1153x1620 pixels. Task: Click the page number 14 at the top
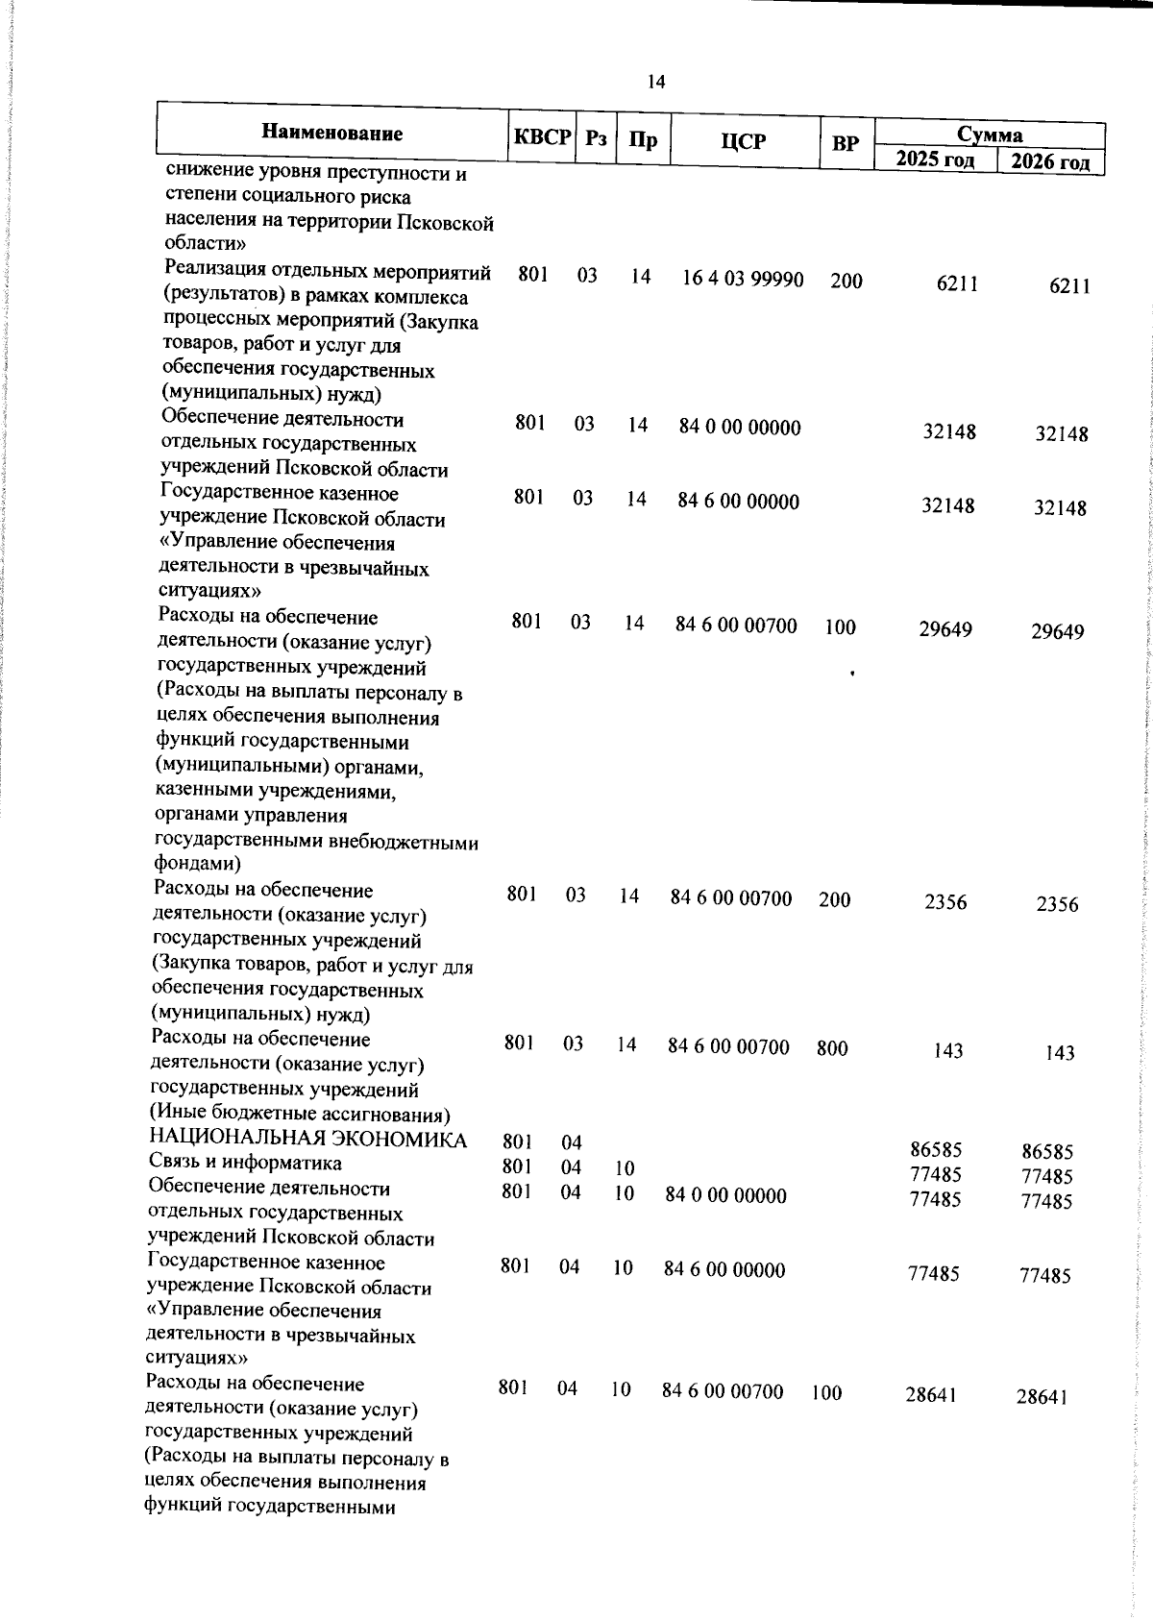tap(656, 82)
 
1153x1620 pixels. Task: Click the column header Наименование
tap(332, 133)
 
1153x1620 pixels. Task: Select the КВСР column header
tap(541, 137)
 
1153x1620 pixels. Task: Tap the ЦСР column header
tap(744, 142)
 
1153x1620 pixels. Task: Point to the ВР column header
tap(846, 144)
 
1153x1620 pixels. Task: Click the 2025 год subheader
tap(935, 159)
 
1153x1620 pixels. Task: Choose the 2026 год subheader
tap(1049, 161)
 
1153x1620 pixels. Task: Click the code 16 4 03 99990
tap(743, 279)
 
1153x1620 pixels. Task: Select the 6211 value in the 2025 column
tap(957, 284)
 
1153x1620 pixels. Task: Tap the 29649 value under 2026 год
tap(1057, 631)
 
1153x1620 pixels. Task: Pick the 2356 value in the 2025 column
tap(945, 902)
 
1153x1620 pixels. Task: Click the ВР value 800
tap(832, 1048)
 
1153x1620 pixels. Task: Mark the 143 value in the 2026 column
tap(1060, 1053)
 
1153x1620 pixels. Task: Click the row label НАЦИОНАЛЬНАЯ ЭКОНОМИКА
tap(307, 1140)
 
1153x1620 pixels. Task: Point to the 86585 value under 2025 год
tap(936, 1149)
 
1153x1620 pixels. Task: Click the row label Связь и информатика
tap(244, 1163)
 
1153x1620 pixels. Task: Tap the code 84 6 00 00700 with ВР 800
tap(728, 1046)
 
